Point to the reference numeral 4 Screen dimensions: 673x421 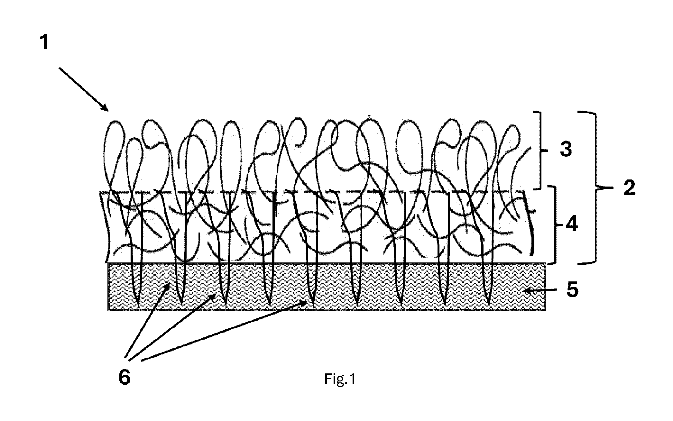(x=572, y=224)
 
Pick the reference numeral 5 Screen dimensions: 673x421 (x=572, y=289)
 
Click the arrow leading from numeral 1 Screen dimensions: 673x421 (x=84, y=89)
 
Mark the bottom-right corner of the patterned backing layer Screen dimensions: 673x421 (x=546, y=310)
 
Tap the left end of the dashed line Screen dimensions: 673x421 (x=100, y=193)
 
